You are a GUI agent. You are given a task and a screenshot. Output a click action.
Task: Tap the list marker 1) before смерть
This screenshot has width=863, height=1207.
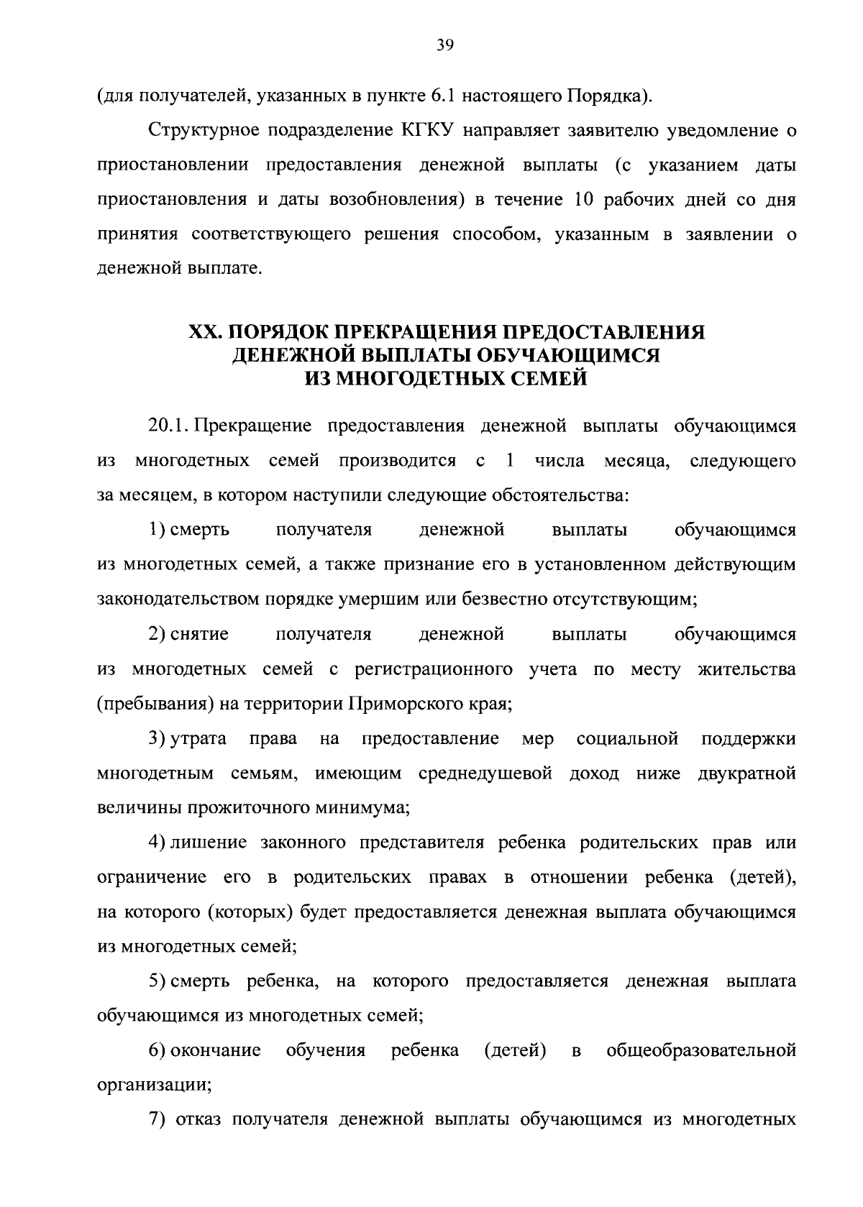(x=156, y=530)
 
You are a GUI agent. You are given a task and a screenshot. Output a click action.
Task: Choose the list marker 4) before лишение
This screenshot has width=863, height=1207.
(x=156, y=843)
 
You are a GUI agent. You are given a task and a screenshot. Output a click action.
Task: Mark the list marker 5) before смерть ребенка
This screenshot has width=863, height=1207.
(x=156, y=981)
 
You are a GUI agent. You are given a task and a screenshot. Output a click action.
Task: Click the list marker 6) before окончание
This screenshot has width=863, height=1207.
(x=156, y=1051)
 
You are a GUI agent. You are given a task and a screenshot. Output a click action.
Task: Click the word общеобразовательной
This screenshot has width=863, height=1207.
(x=701, y=1051)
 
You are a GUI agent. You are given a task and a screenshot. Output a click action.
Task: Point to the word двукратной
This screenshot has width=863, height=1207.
(x=746, y=774)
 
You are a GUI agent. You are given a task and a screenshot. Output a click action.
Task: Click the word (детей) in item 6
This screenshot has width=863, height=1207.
(x=514, y=1051)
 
